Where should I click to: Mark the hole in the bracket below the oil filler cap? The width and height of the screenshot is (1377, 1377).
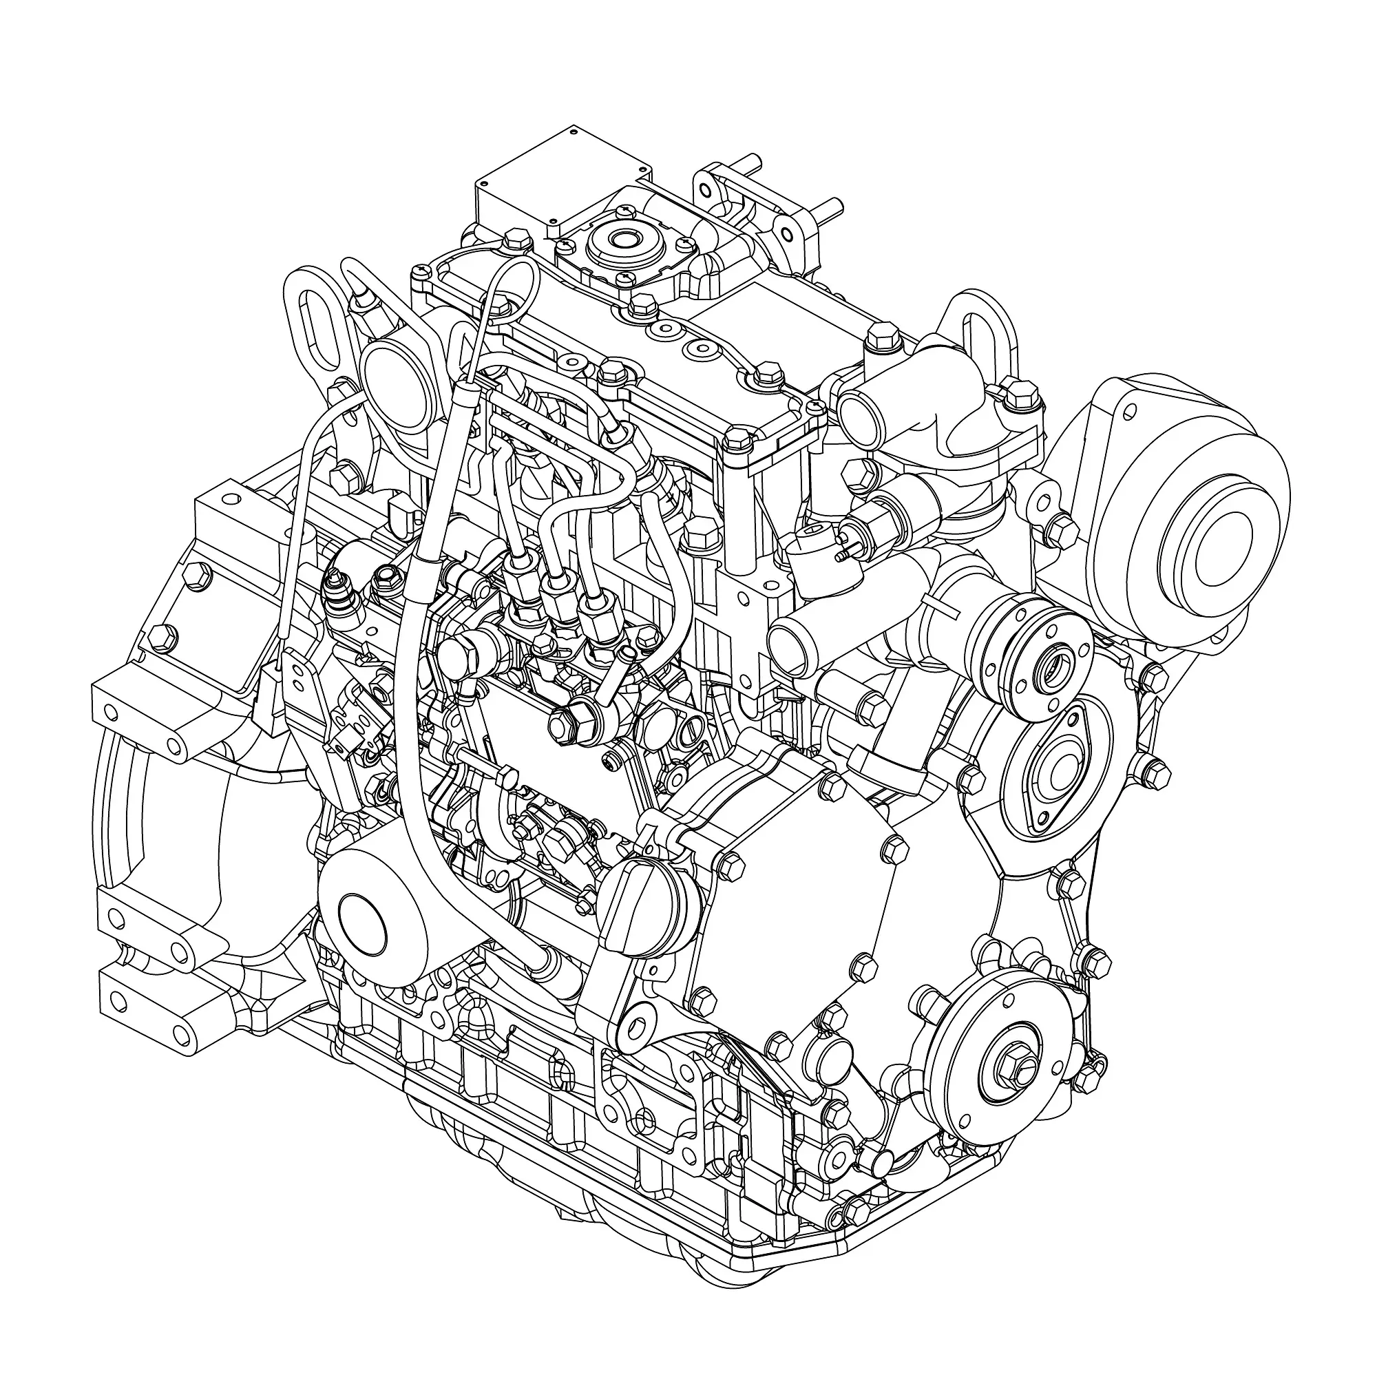point(638,1029)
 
